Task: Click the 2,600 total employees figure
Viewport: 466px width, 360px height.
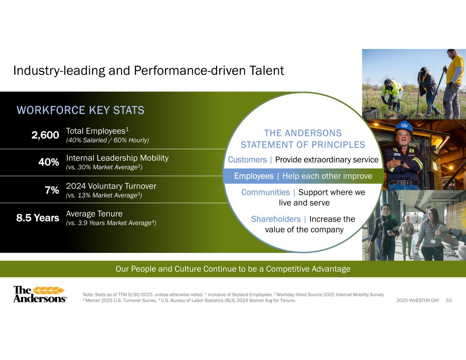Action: (45, 135)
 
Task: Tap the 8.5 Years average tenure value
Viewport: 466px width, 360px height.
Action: (38, 218)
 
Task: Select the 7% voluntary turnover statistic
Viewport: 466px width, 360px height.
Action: (52, 190)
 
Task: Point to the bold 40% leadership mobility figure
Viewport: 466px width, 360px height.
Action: (49, 162)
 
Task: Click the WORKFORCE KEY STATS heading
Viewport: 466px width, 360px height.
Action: (81, 110)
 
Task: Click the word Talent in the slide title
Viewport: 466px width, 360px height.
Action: (267, 71)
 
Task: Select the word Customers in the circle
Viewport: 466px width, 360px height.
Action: (247, 160)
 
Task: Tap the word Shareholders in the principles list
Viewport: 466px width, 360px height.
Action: (276, 219)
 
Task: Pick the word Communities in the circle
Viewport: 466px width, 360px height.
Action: (266, 192)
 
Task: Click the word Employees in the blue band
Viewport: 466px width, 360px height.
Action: (254, 176)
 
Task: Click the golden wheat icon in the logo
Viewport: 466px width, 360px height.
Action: (49, 290)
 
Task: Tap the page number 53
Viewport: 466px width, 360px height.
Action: (449, 300)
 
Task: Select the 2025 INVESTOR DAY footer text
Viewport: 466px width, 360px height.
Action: (418, 300)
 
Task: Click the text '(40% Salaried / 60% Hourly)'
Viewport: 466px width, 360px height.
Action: (108, 140)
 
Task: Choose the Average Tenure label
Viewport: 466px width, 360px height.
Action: (94, 214)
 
